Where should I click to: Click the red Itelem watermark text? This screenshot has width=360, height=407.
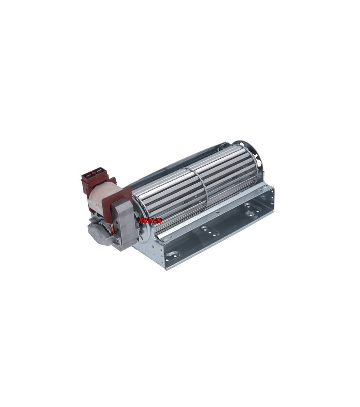tap(150, 220)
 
